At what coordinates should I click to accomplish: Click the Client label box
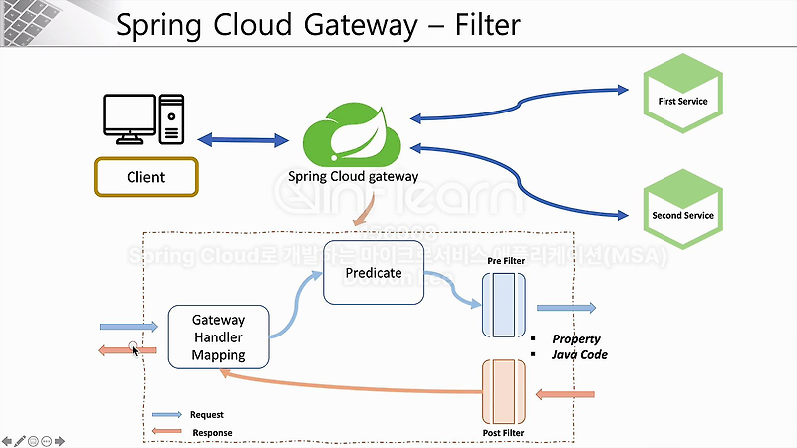tap(146, 177)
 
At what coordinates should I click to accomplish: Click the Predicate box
tap(374, 272)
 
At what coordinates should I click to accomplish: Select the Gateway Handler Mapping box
tap(218, 337)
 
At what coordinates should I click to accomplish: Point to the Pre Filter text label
tap(507, 261)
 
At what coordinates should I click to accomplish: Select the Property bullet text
tap(576, 339)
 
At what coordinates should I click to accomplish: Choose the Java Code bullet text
tap(579, 355)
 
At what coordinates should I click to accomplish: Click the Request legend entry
tap(188, 414)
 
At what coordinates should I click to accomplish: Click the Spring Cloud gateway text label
tap(354, 177)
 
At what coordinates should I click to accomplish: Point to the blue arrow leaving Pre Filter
tap(566, 308)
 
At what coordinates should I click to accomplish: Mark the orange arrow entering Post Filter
tap(565, 395)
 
